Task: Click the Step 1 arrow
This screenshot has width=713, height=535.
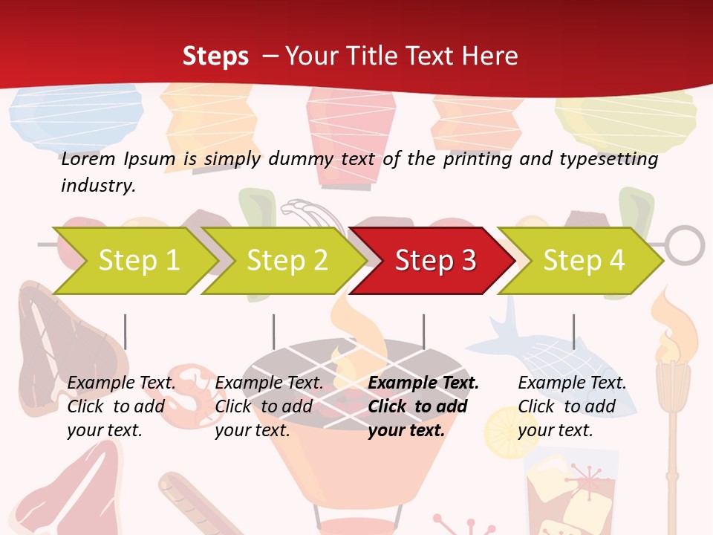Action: [138, 261]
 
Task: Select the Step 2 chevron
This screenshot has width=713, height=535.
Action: [287, 261]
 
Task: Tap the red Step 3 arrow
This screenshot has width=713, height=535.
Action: [435, 261]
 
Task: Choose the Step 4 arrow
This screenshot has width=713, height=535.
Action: [584, 261]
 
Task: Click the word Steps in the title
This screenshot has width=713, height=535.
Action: [215, 56]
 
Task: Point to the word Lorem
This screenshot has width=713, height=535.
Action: [88, 159]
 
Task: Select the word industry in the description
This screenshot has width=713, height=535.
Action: [98, 186]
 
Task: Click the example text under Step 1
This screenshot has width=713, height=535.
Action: [121, 406]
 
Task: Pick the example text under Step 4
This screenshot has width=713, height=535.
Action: [572, 406]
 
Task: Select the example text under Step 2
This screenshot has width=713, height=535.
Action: [269, 406]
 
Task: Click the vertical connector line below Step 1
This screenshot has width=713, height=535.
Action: [126, 331]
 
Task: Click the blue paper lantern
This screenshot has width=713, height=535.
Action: [76, 115]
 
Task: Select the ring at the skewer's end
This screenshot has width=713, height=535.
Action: [683, 245]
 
